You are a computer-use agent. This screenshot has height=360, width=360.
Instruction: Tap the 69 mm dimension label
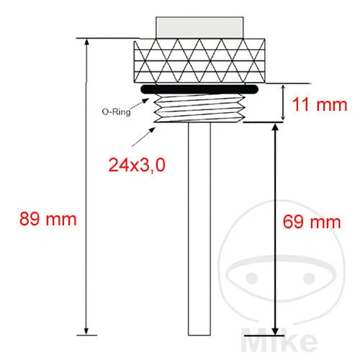[310, 222]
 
